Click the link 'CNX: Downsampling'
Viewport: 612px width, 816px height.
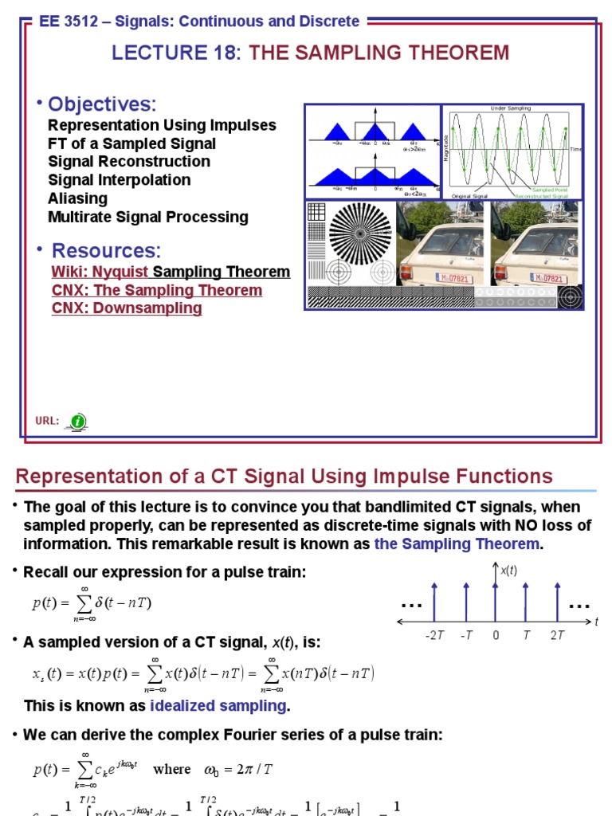click(x=127, y=308)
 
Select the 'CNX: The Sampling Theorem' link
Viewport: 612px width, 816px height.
click(x=157, y=290)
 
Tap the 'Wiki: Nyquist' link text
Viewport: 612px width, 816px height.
click(x=100, y=273)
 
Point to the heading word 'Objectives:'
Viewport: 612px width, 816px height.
click(x=102, y=104)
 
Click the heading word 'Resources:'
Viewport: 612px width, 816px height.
click(x=106, y=250)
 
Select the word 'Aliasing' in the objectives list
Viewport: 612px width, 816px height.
click(x=77, y=198)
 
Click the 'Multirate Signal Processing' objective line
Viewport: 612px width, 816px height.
click(x=147, y=217)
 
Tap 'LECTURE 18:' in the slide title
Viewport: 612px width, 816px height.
click(x=176, y=53)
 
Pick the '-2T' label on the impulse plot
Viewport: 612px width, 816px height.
click(x=433, y=635)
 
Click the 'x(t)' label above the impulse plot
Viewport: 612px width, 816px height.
click(x=508, y=571)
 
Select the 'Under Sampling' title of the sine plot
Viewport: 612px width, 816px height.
click(x=511, y=108)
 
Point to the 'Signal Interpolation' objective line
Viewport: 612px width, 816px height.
click(x=119, y=180)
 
